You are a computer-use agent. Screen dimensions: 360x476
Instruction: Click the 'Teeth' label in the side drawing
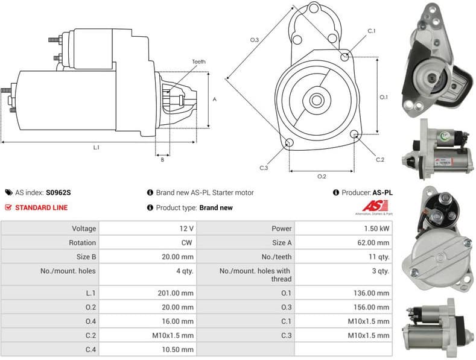tap(198, 62)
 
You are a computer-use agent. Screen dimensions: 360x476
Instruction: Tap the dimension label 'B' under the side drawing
tap(162, 159)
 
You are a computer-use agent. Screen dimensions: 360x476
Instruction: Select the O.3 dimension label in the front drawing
tap(255, 40)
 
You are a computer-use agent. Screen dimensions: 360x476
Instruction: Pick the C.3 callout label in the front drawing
tap(264, 168)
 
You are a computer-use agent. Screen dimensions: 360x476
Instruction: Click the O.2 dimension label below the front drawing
tap(322, 176)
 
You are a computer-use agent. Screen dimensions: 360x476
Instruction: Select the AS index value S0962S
tap(59, 193)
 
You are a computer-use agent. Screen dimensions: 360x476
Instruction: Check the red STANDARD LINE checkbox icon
tap(8, 207)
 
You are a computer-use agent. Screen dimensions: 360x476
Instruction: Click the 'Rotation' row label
tap(82, 242)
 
